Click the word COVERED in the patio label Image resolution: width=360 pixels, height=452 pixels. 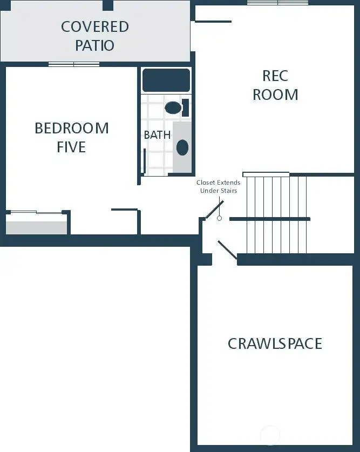pyautogui.click(x=94, y=26)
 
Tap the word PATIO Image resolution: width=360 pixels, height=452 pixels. pyautogui.click(x=94, y=45)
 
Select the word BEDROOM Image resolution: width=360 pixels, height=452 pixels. pyautogui.click(x=71, y=129)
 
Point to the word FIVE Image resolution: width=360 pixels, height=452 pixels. pyautogui.click(x=71, y=147)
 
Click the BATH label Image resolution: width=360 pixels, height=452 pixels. pyautogui.click(x=157, y=135)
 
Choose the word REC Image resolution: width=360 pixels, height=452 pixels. pyautogui.click(x=275, y=76)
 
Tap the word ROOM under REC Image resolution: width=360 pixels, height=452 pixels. pyautogui.click(x=275, y=95)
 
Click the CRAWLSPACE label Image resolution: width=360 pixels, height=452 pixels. pyautogui.click(x=275, y=343)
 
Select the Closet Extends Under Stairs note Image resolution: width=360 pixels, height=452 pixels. pyautogui.click(x=218, y=186)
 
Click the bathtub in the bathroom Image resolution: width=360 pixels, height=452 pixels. pyautogui.click(x=166, y=80)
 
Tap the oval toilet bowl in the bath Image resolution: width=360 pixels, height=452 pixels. pyautogui.click(x=173, y=107)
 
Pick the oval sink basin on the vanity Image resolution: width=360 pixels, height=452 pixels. pyautogui.click(x=182, y=147)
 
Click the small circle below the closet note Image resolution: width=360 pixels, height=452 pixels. pyautogui.click(x=219, y=218)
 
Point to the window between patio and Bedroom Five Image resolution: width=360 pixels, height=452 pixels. pyautogui.click(x=74, y=64)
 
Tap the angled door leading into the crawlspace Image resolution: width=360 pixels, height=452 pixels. pyautogui.click(x=227, y=252)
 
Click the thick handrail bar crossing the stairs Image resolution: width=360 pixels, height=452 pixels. pyautogui.click(x=269, y=219)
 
